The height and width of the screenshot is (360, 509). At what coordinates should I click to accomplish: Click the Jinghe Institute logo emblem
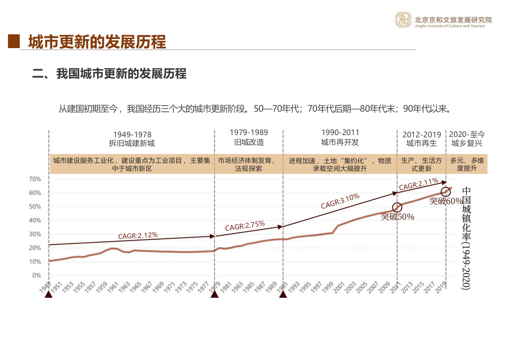click(x=403, y=20)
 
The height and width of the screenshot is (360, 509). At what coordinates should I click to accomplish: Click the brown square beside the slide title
click(x=14, y=41)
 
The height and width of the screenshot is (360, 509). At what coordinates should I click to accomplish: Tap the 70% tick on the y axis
click(x=35, y=179)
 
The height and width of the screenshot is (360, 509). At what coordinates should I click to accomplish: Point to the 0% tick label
click(x=37, y=275)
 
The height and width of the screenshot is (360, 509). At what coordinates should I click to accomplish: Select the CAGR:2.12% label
click(x=138, y=236)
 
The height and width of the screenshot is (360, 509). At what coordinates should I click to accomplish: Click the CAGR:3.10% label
click(x=340, y=201)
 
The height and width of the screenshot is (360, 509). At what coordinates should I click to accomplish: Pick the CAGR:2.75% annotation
click(x=245, y=226)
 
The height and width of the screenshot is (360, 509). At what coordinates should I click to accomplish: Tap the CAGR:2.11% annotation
click(x=418, y=184)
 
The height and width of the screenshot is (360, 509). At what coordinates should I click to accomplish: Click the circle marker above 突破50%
click(x=397, y=207)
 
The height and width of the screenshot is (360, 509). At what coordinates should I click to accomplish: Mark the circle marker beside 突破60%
click(x=445, y=192)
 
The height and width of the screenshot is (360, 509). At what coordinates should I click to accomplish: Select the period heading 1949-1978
click(x=132, y=134)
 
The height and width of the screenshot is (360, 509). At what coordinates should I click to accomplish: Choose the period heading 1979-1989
click(x=249, y=132)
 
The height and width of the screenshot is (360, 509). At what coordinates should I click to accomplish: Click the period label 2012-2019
click(x=422, y=134)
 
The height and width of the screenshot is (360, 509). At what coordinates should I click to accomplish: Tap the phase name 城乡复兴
click(x=467, y=143)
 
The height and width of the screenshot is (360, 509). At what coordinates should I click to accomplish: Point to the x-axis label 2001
click(x=339, y=287)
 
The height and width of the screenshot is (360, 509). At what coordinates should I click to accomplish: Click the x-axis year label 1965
click(x=135, y=287)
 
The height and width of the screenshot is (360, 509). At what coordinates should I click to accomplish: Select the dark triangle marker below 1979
click(x=215, y=294)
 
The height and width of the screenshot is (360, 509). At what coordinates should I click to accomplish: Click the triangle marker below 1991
click(x=283, y=294)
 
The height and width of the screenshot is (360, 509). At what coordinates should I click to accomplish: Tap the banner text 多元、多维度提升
click(x=467, y=164)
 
